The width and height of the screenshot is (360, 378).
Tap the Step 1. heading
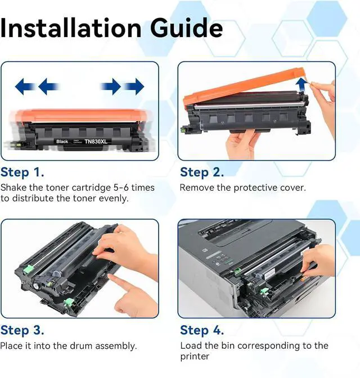tap(22, 173)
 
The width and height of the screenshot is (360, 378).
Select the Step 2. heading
tap(202, 173)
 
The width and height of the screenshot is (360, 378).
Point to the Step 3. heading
tap(22, 330)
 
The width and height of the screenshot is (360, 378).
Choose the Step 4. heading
tap(202, 330)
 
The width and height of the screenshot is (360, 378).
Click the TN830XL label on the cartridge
tap(96, 142)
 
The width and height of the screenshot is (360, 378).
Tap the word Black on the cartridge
tap(62, 142)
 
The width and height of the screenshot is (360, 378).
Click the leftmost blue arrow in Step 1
tap(24, 86)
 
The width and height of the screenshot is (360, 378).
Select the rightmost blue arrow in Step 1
tap(135, 86)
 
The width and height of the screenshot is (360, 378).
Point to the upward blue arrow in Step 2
tap(301, 84)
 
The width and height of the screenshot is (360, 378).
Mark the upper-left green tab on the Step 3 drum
tap(28, 269)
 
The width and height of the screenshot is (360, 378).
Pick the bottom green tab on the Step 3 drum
tap(69, 302)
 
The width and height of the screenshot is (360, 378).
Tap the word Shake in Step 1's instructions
tap(13, 187)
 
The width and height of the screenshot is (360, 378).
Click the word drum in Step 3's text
tap(81, 346)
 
